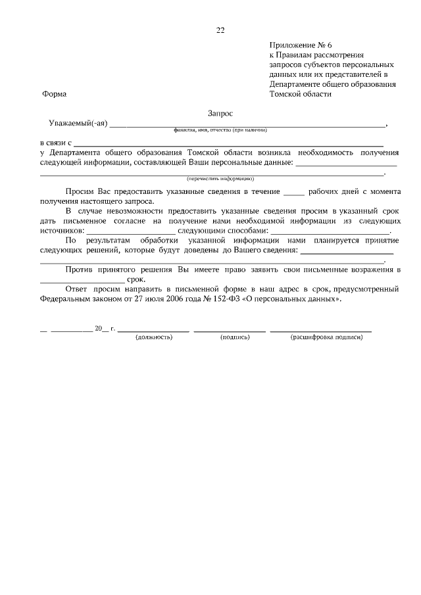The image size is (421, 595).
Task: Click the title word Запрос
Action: (x=220, y=113)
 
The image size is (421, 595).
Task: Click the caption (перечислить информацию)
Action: (x=220, y=178)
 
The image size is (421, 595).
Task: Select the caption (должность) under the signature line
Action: (x=153, y=337)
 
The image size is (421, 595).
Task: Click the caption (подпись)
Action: (x=235, y=337)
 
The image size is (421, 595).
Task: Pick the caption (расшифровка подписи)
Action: (x=326, y=337)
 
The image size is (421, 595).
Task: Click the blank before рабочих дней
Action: (x=293, y=192)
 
